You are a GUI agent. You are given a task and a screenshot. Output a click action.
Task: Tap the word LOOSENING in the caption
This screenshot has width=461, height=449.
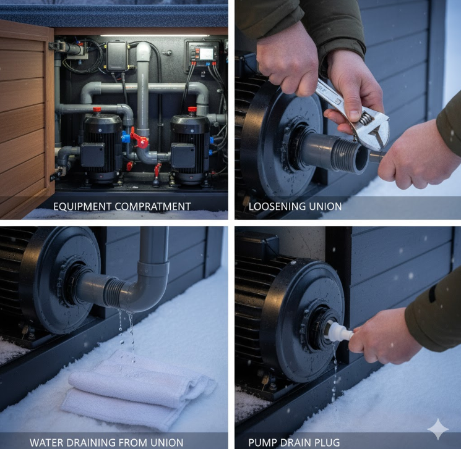(274, 207)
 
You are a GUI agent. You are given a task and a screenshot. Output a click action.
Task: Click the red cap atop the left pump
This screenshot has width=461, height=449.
(97, 110)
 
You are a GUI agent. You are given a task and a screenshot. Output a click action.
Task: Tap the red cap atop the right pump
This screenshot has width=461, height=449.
(192, 110)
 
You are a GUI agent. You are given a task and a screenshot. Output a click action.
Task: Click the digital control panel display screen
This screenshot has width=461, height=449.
(206, 53)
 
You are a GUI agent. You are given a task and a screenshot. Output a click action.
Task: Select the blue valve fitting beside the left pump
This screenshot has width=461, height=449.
(126, 137)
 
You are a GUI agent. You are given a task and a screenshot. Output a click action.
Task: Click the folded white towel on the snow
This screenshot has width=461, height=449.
(138, 390)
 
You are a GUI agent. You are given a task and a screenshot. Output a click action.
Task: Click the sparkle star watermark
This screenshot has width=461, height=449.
(437, 429)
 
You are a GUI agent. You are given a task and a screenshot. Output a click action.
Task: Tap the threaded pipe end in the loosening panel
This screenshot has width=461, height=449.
(349, 156)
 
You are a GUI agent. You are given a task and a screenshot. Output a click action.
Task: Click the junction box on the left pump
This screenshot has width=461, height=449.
(93, 154)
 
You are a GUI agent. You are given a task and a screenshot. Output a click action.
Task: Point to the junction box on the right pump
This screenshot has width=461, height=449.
(183, 155)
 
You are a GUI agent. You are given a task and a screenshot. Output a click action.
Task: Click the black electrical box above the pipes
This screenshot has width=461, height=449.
(117, 56)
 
